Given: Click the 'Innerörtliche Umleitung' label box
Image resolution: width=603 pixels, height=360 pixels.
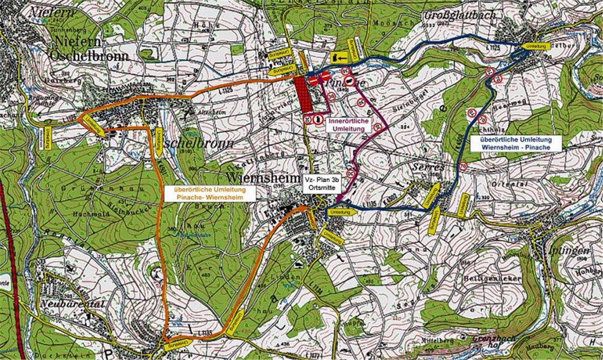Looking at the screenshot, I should pos(349,125).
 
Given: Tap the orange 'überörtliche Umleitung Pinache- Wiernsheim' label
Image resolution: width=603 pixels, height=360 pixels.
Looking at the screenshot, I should pos(210,193).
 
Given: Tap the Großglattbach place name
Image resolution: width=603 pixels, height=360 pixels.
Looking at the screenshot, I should pos(460,15).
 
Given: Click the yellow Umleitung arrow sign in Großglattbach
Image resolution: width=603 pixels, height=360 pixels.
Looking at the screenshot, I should pos(535,47).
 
